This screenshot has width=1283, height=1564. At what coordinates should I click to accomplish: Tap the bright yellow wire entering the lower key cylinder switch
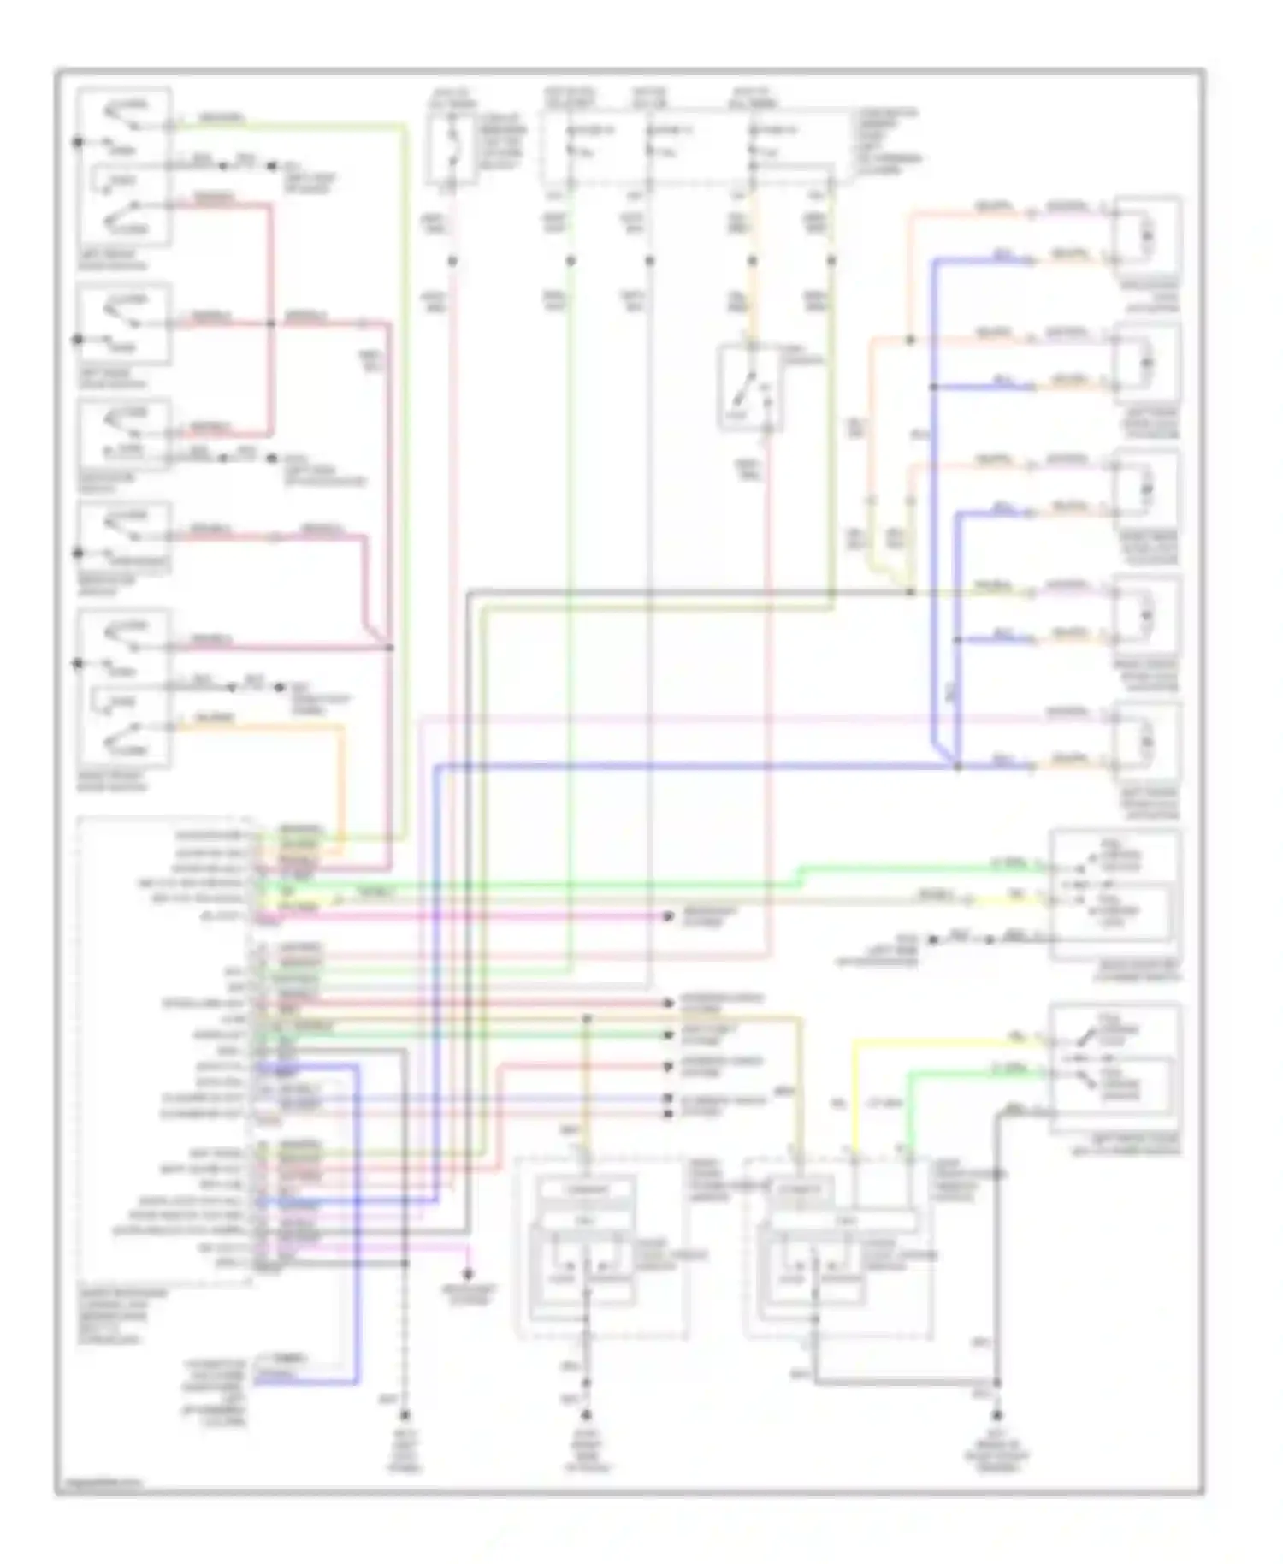tap(941, 1042)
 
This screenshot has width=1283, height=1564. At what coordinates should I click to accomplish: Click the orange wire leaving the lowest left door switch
tap(257, 727)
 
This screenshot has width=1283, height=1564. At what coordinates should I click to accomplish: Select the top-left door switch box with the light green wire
tap(125, 166)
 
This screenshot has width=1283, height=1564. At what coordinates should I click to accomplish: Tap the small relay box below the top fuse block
tap(750, 386)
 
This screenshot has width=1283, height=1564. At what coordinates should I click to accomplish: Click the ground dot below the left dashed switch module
tap(587, 1414)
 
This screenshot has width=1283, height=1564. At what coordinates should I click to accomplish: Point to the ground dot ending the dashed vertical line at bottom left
tap(404, 1414)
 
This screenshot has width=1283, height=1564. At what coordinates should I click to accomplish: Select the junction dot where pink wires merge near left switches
tap(390, 648)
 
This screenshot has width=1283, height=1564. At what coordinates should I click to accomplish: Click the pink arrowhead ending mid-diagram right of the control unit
tap(669, 916)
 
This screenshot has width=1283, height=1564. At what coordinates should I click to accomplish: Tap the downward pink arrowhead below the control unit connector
tap(468, 1275)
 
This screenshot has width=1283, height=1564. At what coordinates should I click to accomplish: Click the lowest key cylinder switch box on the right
tap(1115, 1068)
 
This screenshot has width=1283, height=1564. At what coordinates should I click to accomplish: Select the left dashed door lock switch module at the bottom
tap(602, 1247)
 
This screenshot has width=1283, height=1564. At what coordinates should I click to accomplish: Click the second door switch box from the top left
tap(125, 323)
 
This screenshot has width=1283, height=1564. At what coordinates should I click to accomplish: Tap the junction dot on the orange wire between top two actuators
tap(910, 340)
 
